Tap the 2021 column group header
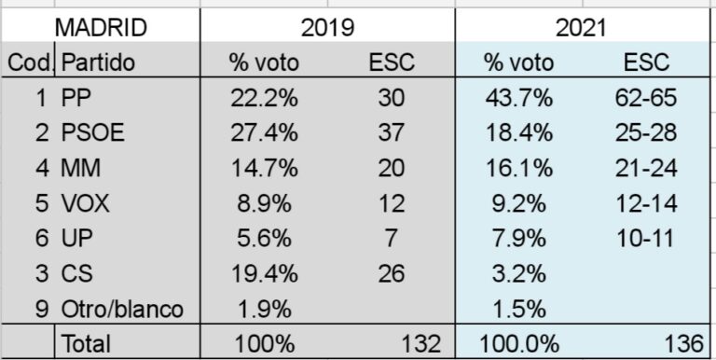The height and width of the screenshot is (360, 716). pyautogui.click(x=582, y=28)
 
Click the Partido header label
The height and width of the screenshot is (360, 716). pyautogui.click(x=99, y=63)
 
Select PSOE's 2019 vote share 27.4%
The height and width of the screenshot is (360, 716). pyautogui.click(x=264, y=133)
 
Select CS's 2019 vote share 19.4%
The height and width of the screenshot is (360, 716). pyautogui.click(x=264, y=273)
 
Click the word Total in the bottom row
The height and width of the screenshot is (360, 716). pyautogui.click(x=86, y=343)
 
